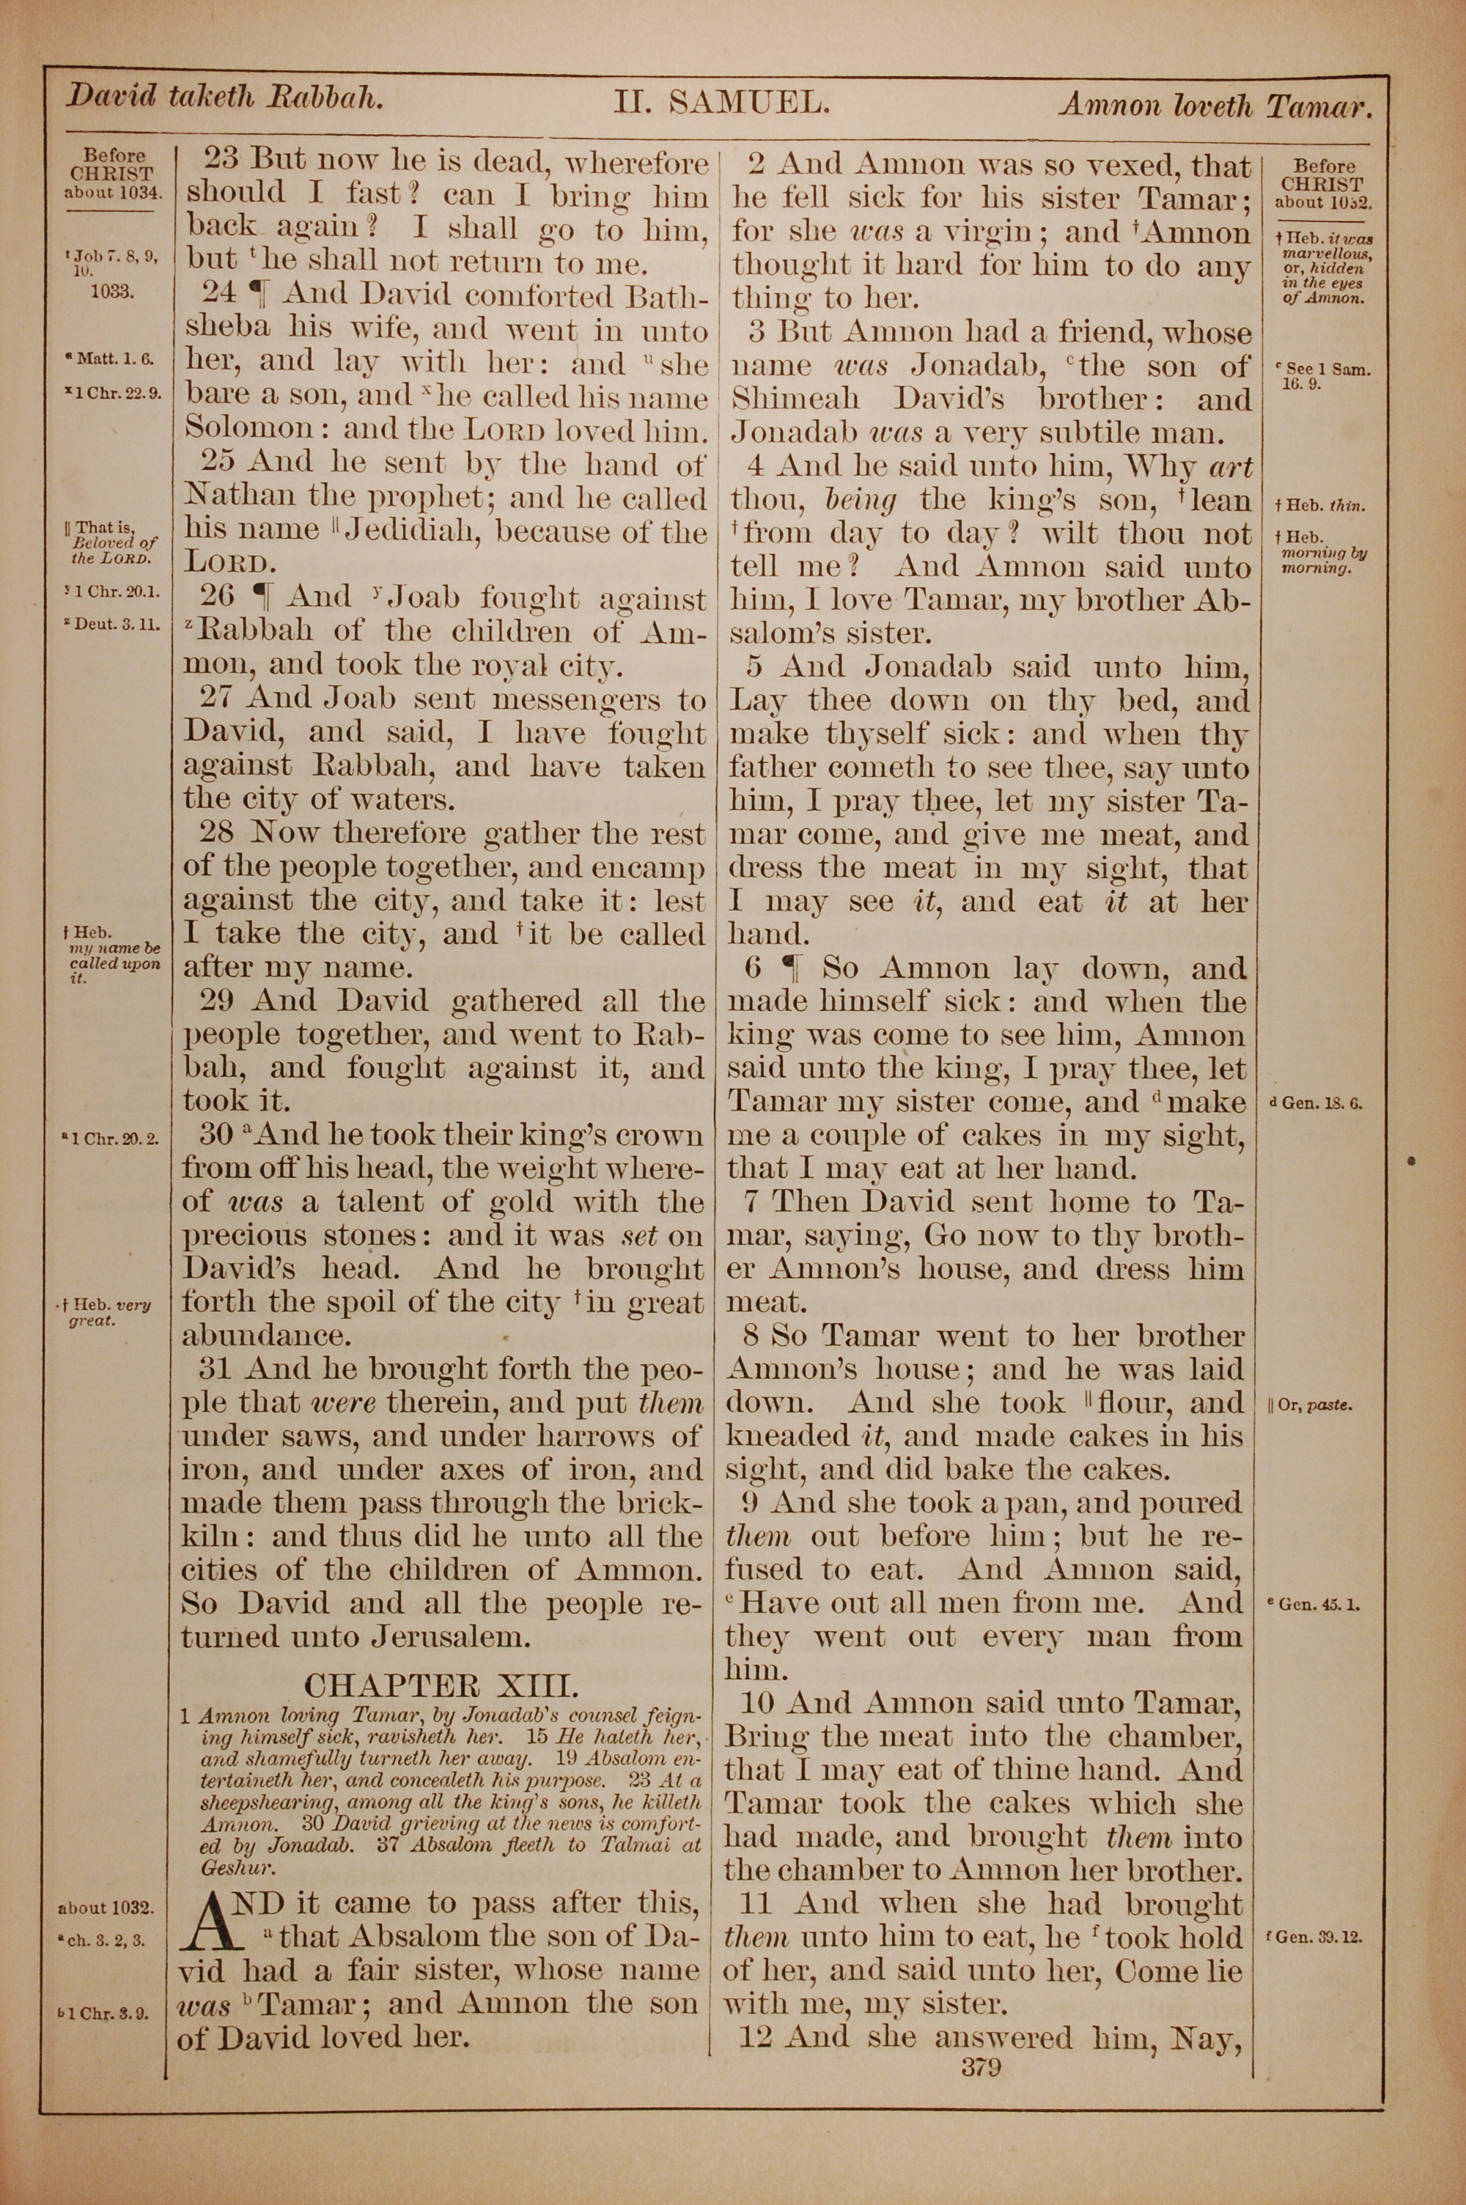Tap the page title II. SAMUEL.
[721, 101]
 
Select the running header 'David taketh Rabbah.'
[224, 97]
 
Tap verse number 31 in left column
[220, 1369]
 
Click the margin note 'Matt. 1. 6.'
[108, 358]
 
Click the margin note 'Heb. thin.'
[1318, 506]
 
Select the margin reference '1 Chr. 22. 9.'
[113, 394]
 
